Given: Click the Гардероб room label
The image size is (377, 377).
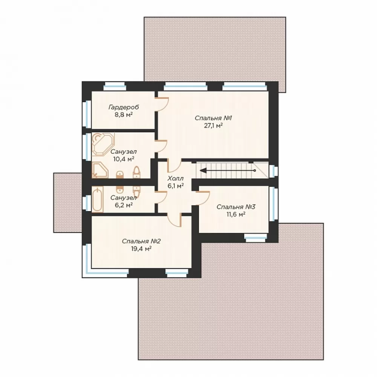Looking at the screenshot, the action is point(124,107).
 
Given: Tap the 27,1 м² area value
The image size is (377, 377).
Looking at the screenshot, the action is point(213,126).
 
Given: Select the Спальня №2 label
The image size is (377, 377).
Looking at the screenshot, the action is point(141,241).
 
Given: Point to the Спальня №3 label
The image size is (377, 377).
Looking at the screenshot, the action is point(236,207).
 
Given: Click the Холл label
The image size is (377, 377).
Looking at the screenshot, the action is point(176,178).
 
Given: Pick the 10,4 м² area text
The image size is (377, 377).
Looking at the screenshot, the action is point(124,159).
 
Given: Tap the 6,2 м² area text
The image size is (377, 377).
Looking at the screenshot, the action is point(124,205).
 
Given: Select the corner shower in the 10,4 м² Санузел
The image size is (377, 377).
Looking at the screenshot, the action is point(100,170).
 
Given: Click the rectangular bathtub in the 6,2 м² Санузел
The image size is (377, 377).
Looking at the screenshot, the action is point(98,199).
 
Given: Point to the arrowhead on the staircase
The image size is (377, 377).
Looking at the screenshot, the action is point(203,170).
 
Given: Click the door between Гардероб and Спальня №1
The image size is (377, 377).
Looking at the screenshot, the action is point(162,104).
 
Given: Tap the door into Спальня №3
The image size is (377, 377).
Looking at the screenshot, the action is point(203,198).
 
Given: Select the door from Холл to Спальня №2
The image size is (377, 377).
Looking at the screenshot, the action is point(174,220).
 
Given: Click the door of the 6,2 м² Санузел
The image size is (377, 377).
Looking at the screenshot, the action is point(161,198).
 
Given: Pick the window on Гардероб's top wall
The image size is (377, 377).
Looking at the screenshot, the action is point(115,86).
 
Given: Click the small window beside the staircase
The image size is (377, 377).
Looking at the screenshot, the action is point(273,171).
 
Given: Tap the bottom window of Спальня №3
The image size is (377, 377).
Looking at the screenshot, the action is point(256,237).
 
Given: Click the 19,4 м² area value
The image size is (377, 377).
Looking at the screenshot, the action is point(141,248).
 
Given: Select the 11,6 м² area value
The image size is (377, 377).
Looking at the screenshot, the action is point(236,214).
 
